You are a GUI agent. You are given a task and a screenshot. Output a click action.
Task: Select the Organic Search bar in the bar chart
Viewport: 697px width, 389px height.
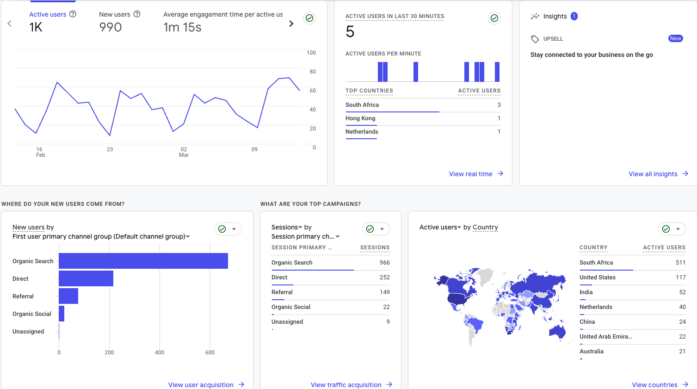(143, 261)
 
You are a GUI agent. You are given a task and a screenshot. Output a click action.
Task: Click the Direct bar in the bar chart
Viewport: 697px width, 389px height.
(86, 278)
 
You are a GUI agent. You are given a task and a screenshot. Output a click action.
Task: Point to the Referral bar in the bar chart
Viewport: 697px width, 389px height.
(68, 296)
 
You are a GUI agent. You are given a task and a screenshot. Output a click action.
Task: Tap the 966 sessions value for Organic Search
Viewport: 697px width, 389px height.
(384, 263)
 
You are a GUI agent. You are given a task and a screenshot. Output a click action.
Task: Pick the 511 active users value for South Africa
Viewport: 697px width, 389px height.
(680, 263)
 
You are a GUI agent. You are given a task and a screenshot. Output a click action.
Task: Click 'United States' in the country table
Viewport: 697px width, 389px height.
(598, 278)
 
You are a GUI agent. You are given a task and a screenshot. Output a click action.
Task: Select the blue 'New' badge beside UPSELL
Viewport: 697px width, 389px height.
(676, 38)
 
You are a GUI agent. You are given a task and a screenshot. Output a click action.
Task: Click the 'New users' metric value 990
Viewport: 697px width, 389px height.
(111, 27)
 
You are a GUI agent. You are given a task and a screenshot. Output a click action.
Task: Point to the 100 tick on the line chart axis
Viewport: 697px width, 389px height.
(311, 53)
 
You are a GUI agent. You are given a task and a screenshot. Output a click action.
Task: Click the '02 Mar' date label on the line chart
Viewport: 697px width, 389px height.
(184, 152)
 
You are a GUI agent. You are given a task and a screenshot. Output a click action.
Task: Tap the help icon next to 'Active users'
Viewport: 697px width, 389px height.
(73, 14)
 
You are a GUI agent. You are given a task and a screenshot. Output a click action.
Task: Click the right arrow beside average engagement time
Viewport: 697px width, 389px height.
(291, 24)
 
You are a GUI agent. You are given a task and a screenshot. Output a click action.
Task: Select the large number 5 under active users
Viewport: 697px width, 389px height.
(350, 32)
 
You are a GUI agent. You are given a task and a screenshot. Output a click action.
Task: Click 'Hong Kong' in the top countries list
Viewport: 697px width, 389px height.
(360, 118)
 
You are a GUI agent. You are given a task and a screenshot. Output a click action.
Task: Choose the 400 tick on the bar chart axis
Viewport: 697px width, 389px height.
(160, 352)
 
